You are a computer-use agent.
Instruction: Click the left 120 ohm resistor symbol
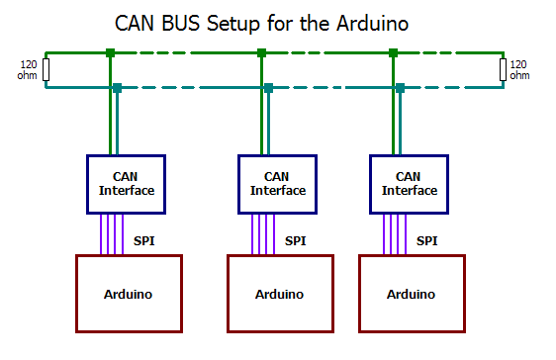[46, 70]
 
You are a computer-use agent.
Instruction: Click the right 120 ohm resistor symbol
[503, 70]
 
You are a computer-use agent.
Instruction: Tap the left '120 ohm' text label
[28, 70]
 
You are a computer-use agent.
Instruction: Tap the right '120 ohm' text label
[518, 70]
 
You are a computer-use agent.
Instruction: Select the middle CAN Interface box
[279, 184]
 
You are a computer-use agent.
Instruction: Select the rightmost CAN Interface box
[409, 184]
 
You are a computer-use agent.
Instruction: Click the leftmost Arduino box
[128, 294]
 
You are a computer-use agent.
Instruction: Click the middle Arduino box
[280, 294]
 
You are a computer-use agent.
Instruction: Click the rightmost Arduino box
[411, 294]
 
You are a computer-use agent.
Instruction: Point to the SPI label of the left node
[144, 240]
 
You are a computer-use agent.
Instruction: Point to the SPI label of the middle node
[296, 240]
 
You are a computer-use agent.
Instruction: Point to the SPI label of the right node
[426, 240]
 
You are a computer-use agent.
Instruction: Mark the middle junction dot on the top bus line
[261, 52]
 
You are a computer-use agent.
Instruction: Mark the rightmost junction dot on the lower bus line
[401, 88]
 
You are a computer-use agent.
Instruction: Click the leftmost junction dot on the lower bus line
[117, 88]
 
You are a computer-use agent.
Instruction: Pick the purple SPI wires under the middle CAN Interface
[262, 234]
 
